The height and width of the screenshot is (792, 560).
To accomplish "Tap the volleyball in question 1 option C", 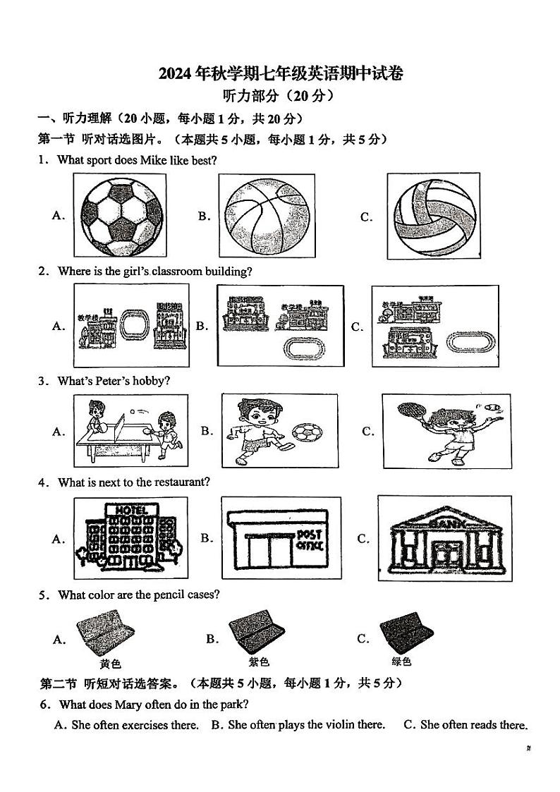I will click(x=437, y=215).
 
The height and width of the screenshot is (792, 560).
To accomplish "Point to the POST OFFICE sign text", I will click(x=310, y=540).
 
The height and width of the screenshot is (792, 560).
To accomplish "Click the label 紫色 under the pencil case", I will click(x=259, y=662).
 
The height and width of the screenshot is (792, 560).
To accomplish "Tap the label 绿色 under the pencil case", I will click(x=401, y=662).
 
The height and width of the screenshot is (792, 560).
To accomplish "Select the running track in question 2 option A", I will click(x=132, y=325).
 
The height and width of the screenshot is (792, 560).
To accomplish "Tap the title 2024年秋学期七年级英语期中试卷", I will click(x=280, y=73).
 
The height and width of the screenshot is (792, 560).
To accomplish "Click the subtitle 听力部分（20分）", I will click(x=280, y=96).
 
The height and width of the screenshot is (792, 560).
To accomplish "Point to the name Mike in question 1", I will click(x=152, y=160).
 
